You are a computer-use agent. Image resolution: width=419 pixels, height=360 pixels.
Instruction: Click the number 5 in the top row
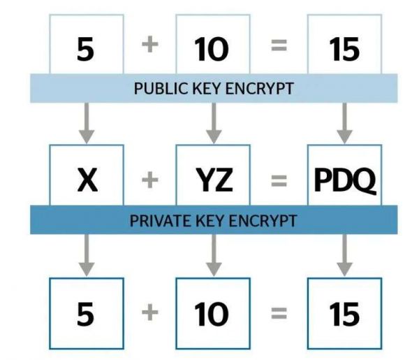[85, 49]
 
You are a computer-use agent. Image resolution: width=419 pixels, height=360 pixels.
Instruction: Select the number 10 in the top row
[212, 49]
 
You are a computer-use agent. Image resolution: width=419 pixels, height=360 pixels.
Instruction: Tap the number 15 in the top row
[344, 49]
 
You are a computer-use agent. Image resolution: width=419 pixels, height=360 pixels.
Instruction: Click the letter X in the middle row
[87, 180]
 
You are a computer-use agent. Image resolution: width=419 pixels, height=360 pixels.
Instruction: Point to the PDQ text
[345, 180]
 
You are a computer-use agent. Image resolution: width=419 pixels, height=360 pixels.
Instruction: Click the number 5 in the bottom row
[85, 314]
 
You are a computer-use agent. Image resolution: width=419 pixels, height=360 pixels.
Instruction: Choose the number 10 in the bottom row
[212, 315]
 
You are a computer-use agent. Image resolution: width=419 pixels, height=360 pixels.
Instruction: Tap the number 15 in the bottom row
[344, 315]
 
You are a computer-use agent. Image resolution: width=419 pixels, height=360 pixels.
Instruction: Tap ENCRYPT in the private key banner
[263, 221]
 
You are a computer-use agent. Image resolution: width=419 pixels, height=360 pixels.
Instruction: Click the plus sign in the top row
[150, 45]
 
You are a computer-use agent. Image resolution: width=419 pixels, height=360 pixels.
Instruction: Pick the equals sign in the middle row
[279, 180]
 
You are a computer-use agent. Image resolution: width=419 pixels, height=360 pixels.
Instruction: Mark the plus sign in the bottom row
[150, 312]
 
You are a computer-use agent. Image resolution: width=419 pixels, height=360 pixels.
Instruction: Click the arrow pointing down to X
[87, 123]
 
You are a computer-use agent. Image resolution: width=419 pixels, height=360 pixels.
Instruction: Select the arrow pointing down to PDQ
[344, 123]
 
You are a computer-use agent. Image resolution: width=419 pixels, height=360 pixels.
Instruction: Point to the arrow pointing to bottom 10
[214, 255]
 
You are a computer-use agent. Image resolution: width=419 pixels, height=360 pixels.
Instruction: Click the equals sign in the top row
[279, 45]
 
